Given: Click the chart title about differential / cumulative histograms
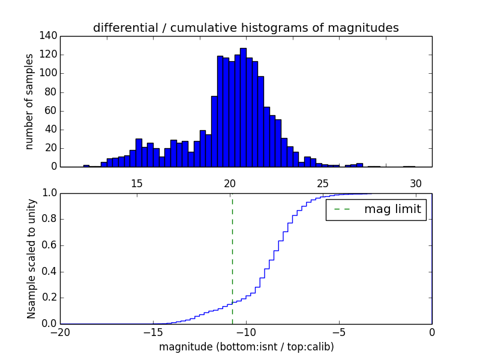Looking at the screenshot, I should pyautogui.click(x=246, y=28).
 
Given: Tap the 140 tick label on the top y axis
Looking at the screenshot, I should pyautogui.click(x=50, y=36).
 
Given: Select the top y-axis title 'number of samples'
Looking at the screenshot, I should pyautogui.click(x=29, y=101).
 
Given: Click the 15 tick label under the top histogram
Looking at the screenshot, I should pyautogui.click(x=136, y=184).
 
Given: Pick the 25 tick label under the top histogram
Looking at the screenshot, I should pyautogui.click(x=322, y=184).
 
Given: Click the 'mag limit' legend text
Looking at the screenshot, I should pyautogui.click(x=392, y=210).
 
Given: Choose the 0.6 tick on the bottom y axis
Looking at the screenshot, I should pyautogui.click(x=50, y=245).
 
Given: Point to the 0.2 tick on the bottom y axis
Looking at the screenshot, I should pyautogui.click(x=50, y=298).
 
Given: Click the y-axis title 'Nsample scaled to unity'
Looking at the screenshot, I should pyautogui.click(x=31, y=258).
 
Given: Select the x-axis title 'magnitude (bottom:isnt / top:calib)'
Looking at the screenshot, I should pyautogui.click(x=246, y=347).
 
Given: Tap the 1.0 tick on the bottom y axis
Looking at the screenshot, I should pyautogui.click(x=50, y=193).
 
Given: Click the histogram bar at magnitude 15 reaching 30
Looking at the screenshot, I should pyautogui.click(x=139, y=153).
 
